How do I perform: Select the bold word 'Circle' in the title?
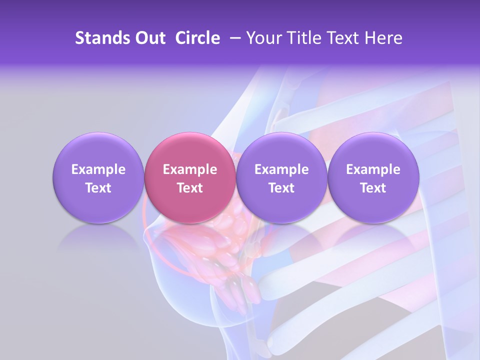pyautogui.click(x=197, y=38)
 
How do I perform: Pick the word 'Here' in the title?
pyautogui.click(x=384, y=38)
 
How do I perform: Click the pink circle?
pyautogui.click(x=190, y=177)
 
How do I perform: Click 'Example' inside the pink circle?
pyautogui.click(x=190, y=169)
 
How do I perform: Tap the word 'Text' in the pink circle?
pyautogui.click(x=190, y=188)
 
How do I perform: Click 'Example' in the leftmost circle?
pyautogui.click(x=98, y=169)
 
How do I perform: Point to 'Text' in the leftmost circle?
pyautogui.click(x=98, y=188)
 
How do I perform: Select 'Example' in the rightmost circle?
pyautogui.click(x=373, y=169)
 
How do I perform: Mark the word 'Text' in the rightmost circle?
pyautogui.click(x=373, y=188)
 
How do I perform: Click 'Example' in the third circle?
pyautogui.click(x=281, y=169)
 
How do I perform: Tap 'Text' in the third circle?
pyautogui.click(x=281, y=188)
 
